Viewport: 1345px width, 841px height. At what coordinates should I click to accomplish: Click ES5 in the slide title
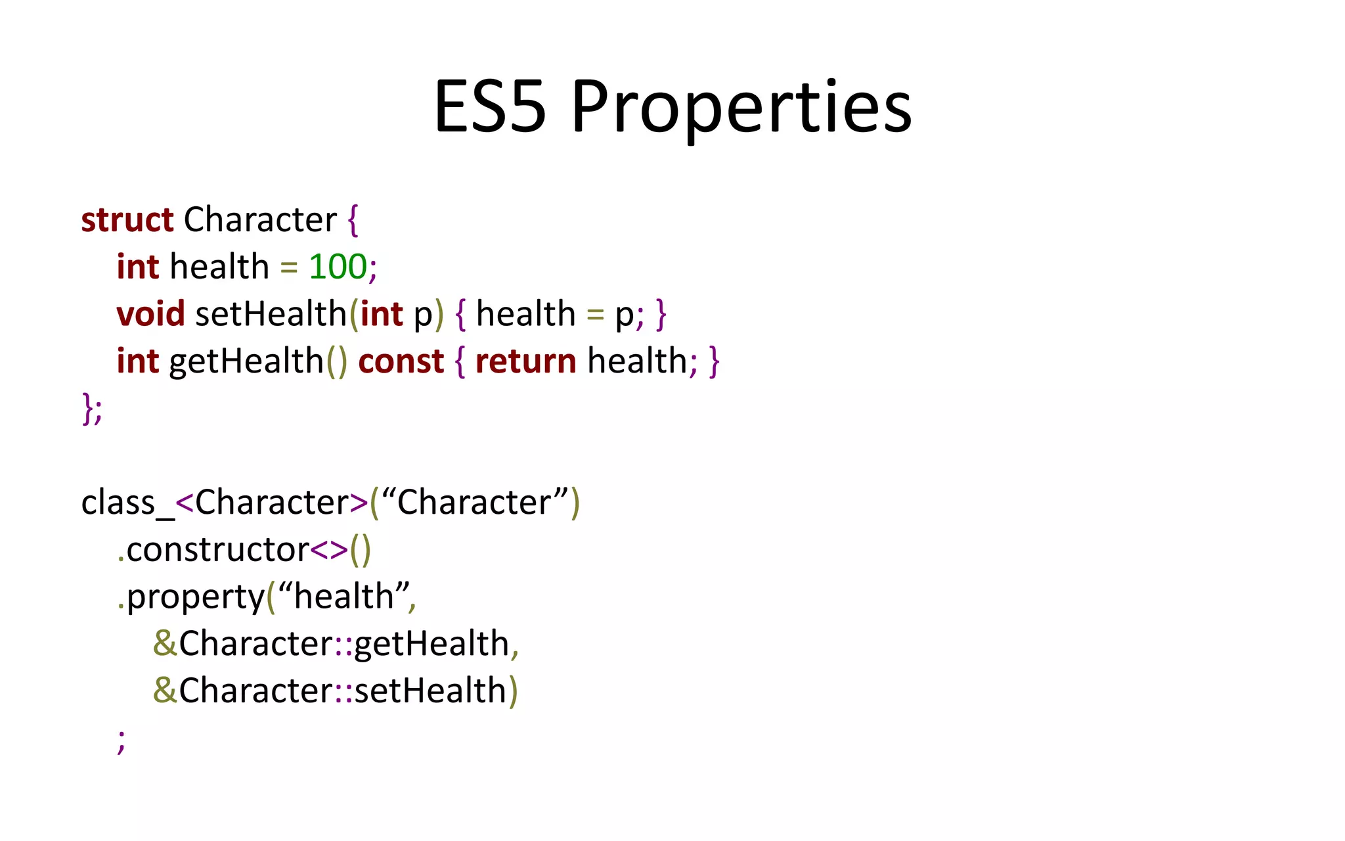tap(490, 106)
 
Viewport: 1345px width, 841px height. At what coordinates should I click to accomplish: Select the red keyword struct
tap(127, 220)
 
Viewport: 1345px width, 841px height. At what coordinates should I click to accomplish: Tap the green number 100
tap(338, 267)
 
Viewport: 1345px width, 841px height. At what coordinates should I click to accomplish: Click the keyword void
tap(150, 314)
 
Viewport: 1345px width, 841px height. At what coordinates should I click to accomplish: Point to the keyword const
tap(401, 362)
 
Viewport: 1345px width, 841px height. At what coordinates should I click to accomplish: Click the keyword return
tap(525, 362)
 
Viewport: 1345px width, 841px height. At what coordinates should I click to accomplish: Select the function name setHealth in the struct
tap(271, 314)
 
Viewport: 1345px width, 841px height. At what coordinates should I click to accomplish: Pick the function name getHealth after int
tap(246, 362)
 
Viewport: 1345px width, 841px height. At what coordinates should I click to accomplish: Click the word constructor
tap(217, 550)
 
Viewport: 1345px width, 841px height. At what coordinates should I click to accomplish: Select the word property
tap(195, 598)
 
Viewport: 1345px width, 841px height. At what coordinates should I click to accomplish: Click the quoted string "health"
tap(343, 597)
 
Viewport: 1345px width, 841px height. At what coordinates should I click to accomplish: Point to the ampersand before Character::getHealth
tap(164, 644)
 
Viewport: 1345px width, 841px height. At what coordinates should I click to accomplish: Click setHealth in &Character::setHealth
tap(430, 691)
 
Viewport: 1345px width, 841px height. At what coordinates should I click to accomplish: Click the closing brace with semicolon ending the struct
tap(92, 409)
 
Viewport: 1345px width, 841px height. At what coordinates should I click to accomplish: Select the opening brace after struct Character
tap(353, 221)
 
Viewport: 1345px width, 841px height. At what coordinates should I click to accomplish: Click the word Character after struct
tap(260, 220)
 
